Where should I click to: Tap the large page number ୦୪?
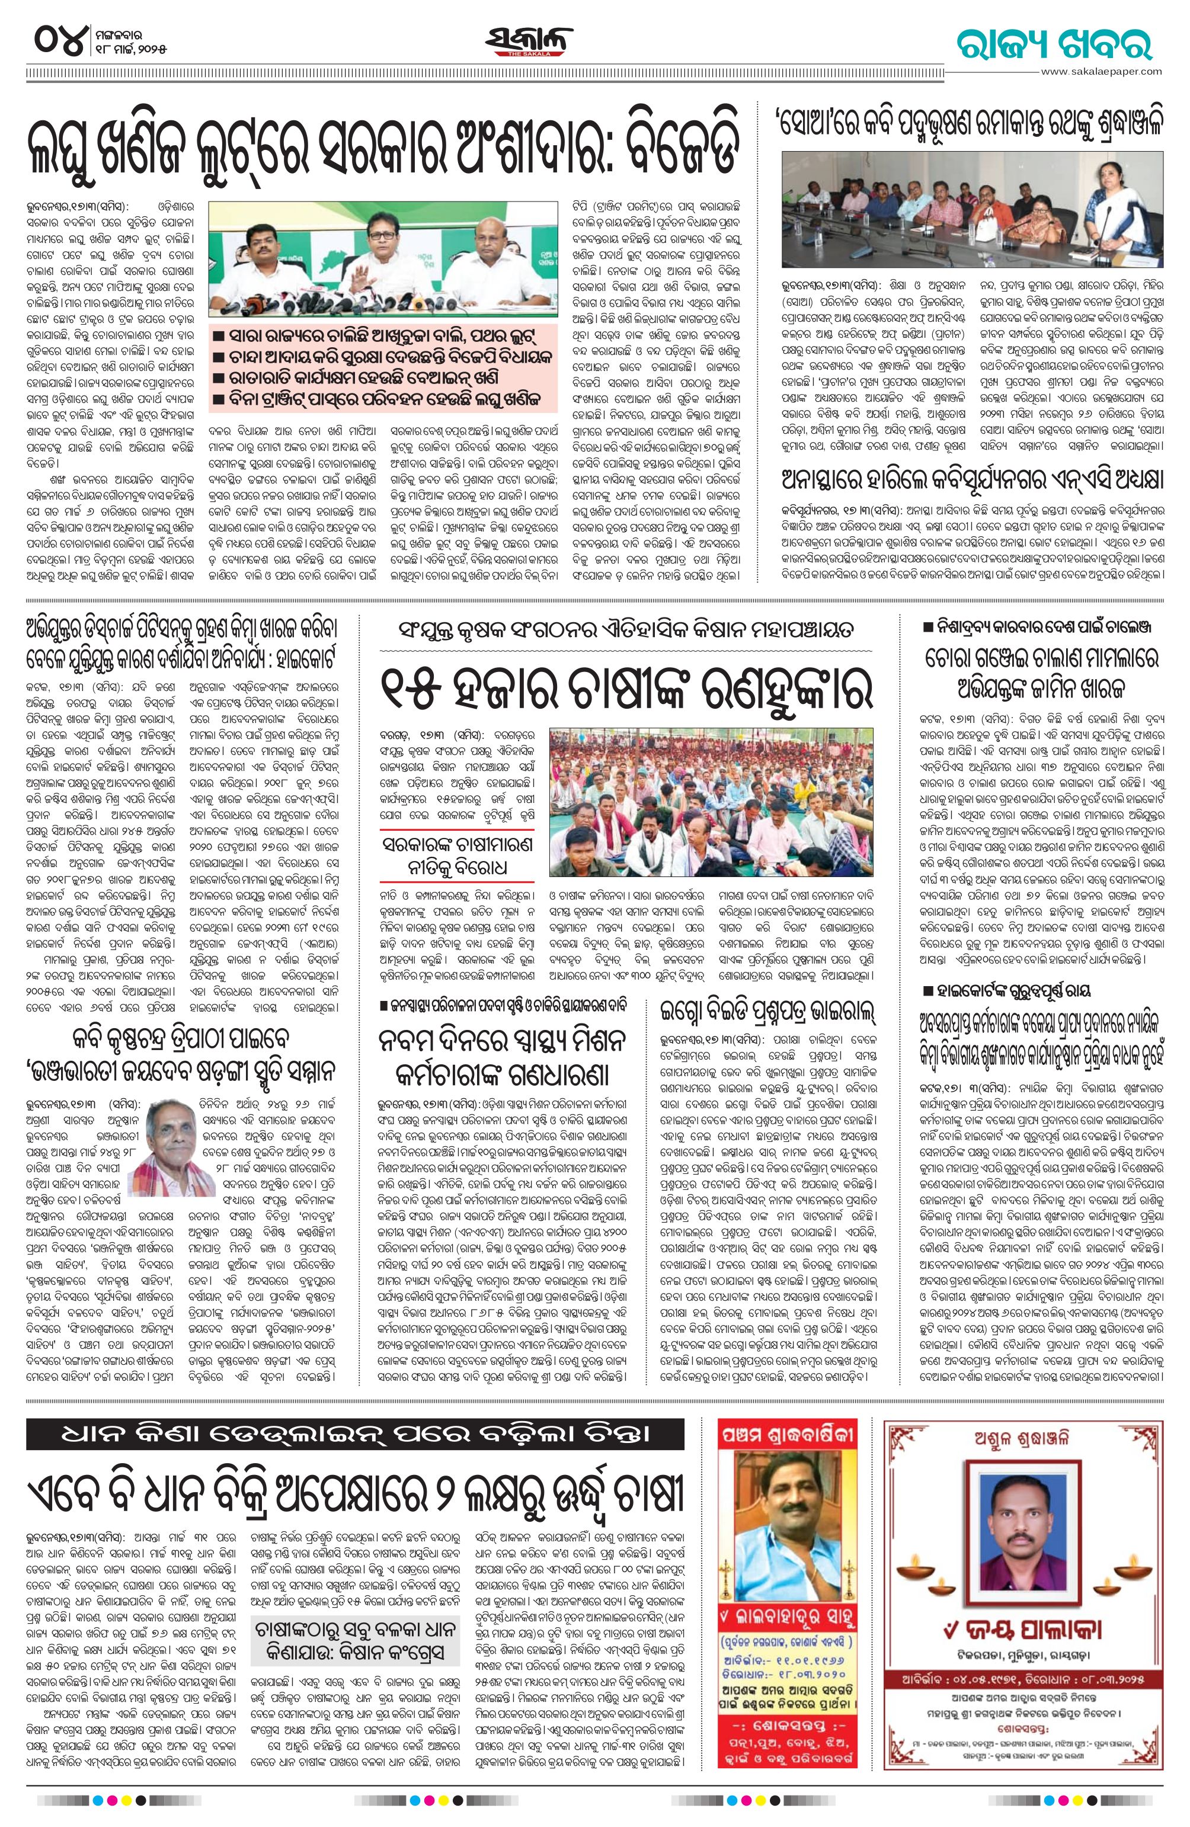click(57, 40)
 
